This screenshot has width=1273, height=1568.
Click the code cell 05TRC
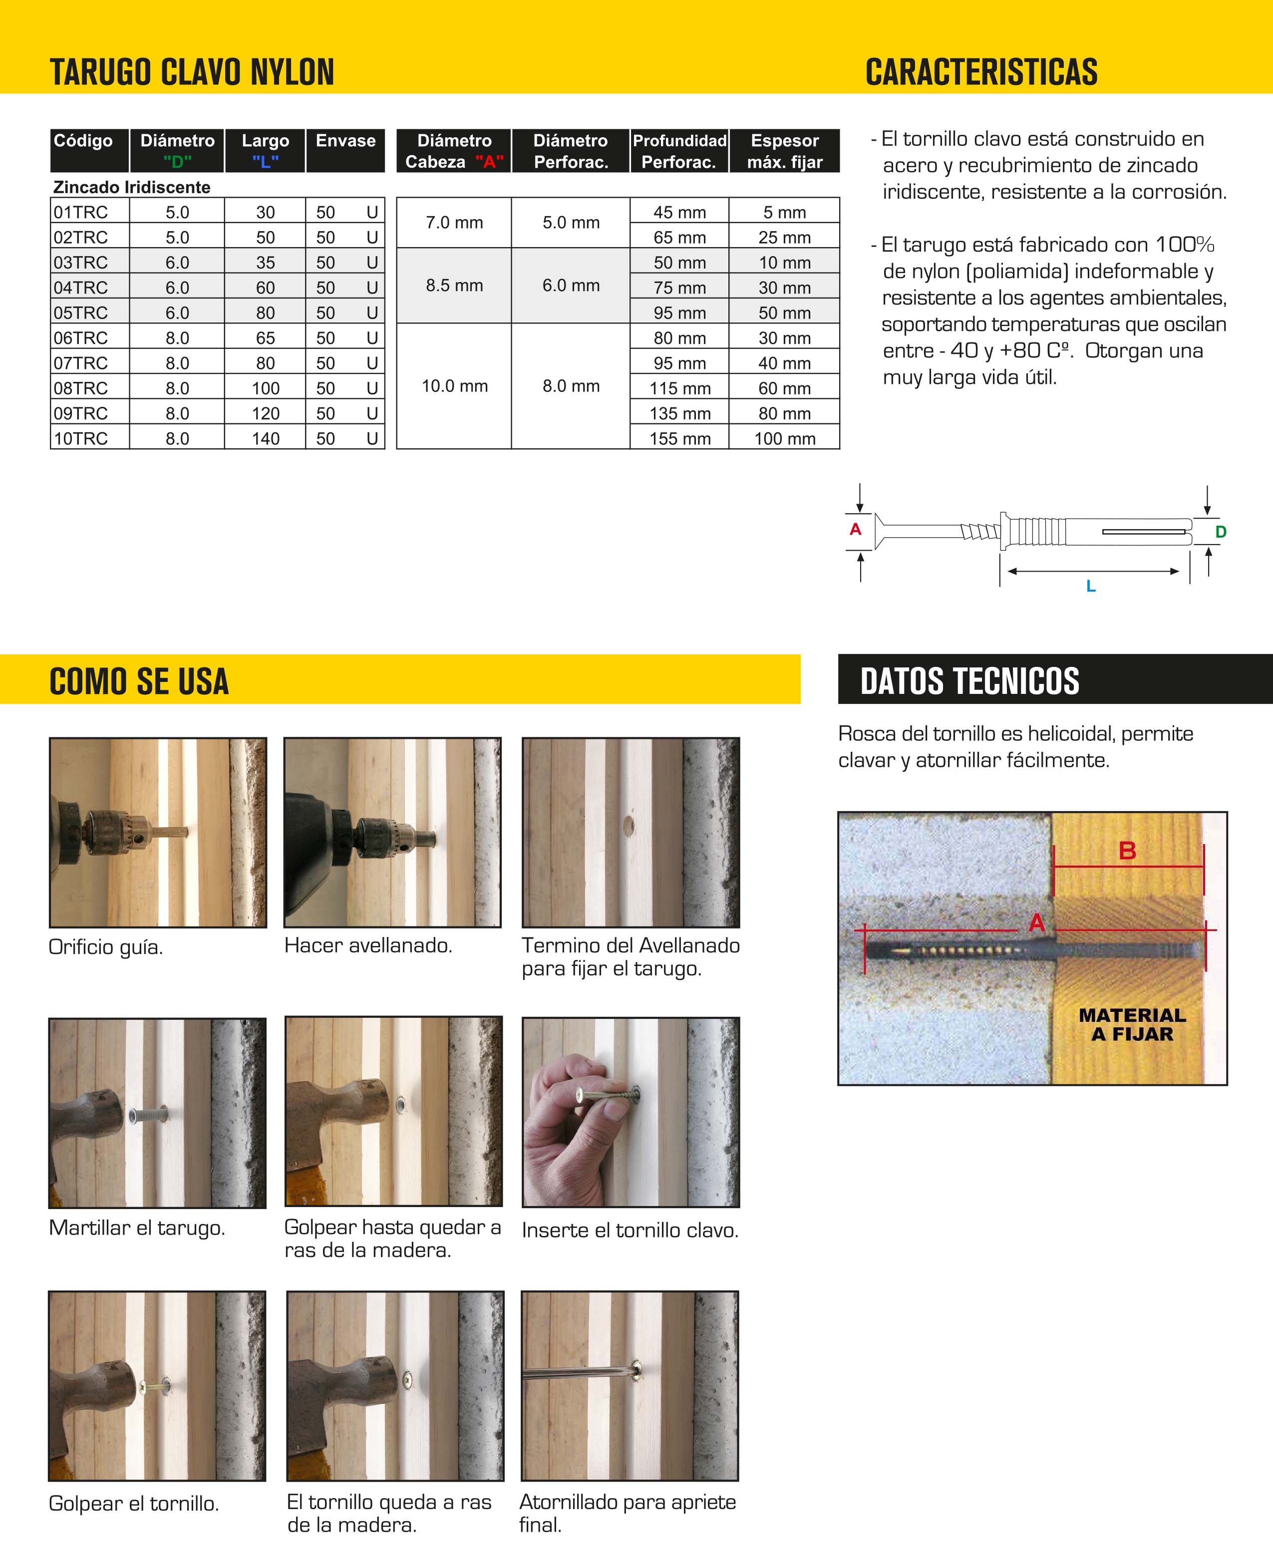(81, 313)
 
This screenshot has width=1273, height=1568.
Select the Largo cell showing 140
(266, 439)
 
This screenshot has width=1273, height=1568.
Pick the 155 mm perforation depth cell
(680, 439)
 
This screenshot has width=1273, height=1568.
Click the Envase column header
(345, 141)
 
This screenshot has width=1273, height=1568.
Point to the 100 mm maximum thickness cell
(785, 439)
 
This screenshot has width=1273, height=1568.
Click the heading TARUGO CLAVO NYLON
(192, 72)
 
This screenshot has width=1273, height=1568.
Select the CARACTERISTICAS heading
(981, 72)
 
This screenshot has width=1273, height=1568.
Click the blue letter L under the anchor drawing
(1090, 586)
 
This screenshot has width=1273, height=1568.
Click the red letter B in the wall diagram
(1127, 851)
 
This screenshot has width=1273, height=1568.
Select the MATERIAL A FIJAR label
(1132, 1024)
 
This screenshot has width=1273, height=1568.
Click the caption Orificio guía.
(106, 947)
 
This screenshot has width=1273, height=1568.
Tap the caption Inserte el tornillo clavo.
(630, 1230)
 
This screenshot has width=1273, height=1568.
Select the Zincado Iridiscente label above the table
(132, 187)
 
